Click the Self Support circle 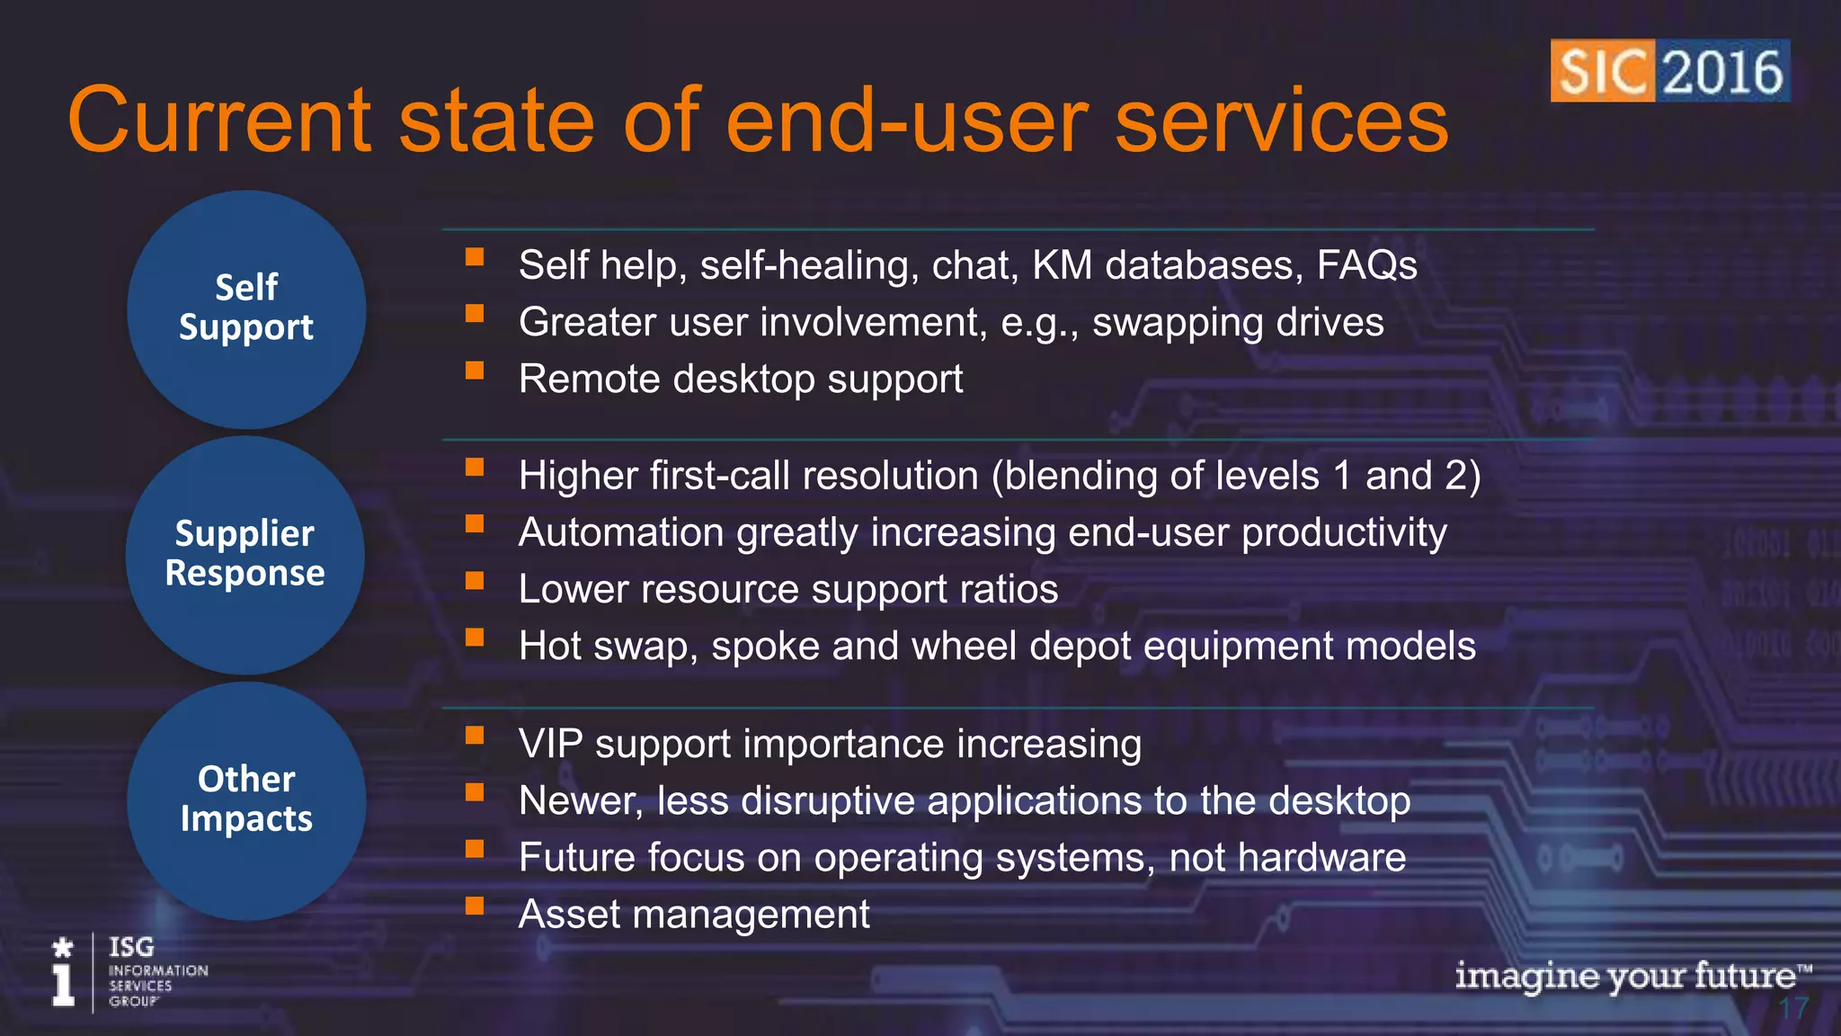tap(246, 308)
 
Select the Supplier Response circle tap(245, 555)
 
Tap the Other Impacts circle tap(246, 800)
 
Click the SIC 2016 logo tap(1669, 71)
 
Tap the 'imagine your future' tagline tap(1632, 976)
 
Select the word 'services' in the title tap(1281, 121)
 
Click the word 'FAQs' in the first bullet tap(1366, 265)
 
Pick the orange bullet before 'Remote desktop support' tap(475, 371)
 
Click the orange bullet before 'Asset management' tap(475, 906)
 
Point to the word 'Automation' tap(621, 532)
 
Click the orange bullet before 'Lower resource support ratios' tap(475, 581)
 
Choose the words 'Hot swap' tap(602, 647)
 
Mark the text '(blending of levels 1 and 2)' tap(1235, 476)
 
